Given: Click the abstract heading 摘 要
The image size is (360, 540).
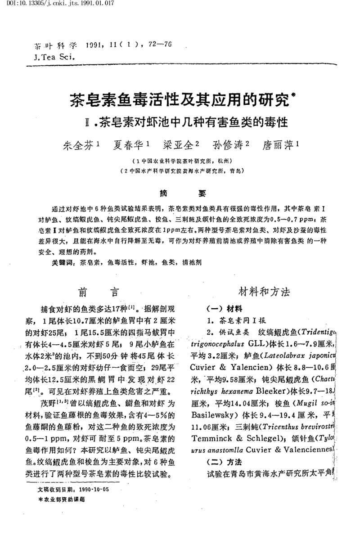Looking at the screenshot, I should pos(180,194).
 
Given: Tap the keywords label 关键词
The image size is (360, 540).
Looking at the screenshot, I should pos(62,261).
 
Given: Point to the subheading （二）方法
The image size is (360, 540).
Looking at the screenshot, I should pos(224,462).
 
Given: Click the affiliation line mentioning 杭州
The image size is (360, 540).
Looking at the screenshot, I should pos(180,161).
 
